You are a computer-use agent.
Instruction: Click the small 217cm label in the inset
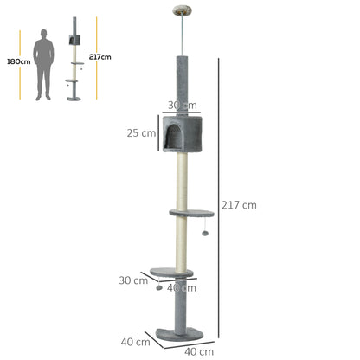pos(100,56)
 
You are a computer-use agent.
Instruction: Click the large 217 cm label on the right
pos(239,205)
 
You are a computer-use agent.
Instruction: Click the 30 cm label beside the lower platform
pos(133,280)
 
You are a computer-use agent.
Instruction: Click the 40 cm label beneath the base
pos(199,351)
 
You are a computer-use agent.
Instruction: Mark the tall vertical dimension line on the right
pos(218,199)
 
